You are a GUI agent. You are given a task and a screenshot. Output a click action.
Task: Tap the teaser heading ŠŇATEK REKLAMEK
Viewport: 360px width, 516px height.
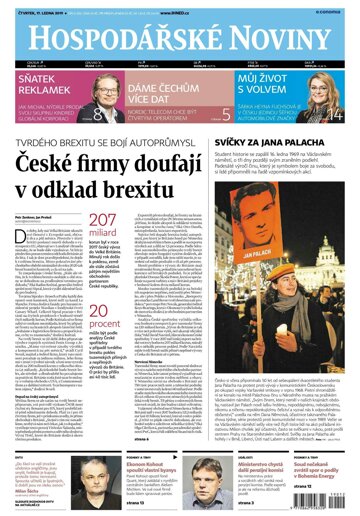pyautogui.click(x=46, y=97)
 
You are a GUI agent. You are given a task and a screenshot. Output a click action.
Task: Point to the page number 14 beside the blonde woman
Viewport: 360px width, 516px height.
pyautogui.click(x=344, y=114)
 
